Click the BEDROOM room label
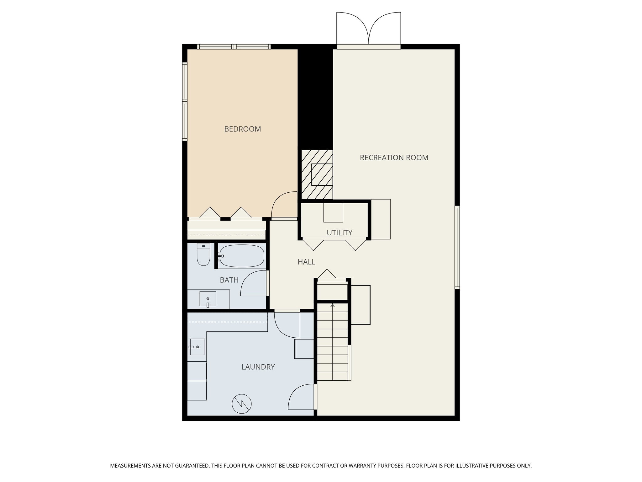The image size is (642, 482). [242, 129]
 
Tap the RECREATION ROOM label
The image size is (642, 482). [394, 158]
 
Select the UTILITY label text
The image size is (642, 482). [339, 233]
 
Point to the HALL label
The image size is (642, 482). [306, 262]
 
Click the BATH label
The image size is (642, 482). [229, 280]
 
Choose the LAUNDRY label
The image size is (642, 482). [258, 367]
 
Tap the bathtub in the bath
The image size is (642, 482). [242, 256]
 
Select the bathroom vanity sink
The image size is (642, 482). [208, 299]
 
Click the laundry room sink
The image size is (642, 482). [197, 347]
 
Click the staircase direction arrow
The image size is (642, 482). [333, 305]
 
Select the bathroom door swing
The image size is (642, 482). [254, 283]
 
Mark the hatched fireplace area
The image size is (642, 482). [317, 174]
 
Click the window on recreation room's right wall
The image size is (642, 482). [457, 247]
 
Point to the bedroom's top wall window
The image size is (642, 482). [234, 47]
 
